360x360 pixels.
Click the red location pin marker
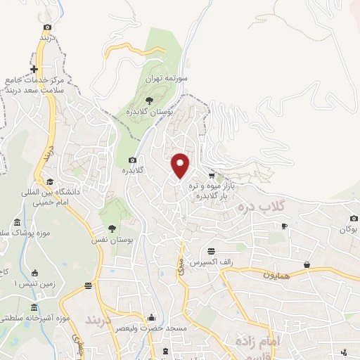181,165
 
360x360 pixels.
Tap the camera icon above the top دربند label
47,27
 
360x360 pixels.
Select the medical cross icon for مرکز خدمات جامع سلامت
34,69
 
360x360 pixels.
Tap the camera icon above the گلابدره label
133,160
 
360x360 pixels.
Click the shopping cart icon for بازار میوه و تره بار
212,175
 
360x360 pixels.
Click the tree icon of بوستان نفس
112,228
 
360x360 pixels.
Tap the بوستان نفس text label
117,240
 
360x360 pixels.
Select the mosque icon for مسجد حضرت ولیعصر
151,319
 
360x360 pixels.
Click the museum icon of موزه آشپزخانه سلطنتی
34,308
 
